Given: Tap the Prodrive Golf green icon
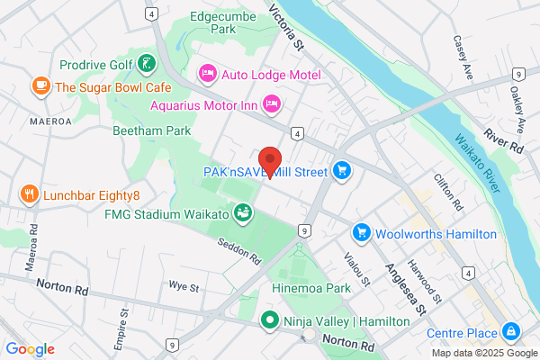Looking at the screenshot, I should click(x=146, y=64).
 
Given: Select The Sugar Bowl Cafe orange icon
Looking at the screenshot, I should click(x=40, y=86).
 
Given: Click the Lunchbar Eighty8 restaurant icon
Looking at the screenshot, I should click(x=30, y=194).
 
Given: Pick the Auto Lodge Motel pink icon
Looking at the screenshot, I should click(x=208, y=70).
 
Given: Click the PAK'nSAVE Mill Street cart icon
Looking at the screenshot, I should click(x=341, y=169).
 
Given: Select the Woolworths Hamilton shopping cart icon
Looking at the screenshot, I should click(x=362, y=233).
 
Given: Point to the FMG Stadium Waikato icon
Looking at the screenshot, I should click(x=241, y=213).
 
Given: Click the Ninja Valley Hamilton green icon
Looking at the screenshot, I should click(x=269, y=319).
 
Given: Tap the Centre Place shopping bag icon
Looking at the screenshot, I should click(x=511, y=332).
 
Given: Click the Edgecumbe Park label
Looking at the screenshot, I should click(x=222, y=22).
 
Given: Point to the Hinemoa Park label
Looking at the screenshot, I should click(x=310, y=289).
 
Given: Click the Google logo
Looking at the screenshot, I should click(x=30, y=348).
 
